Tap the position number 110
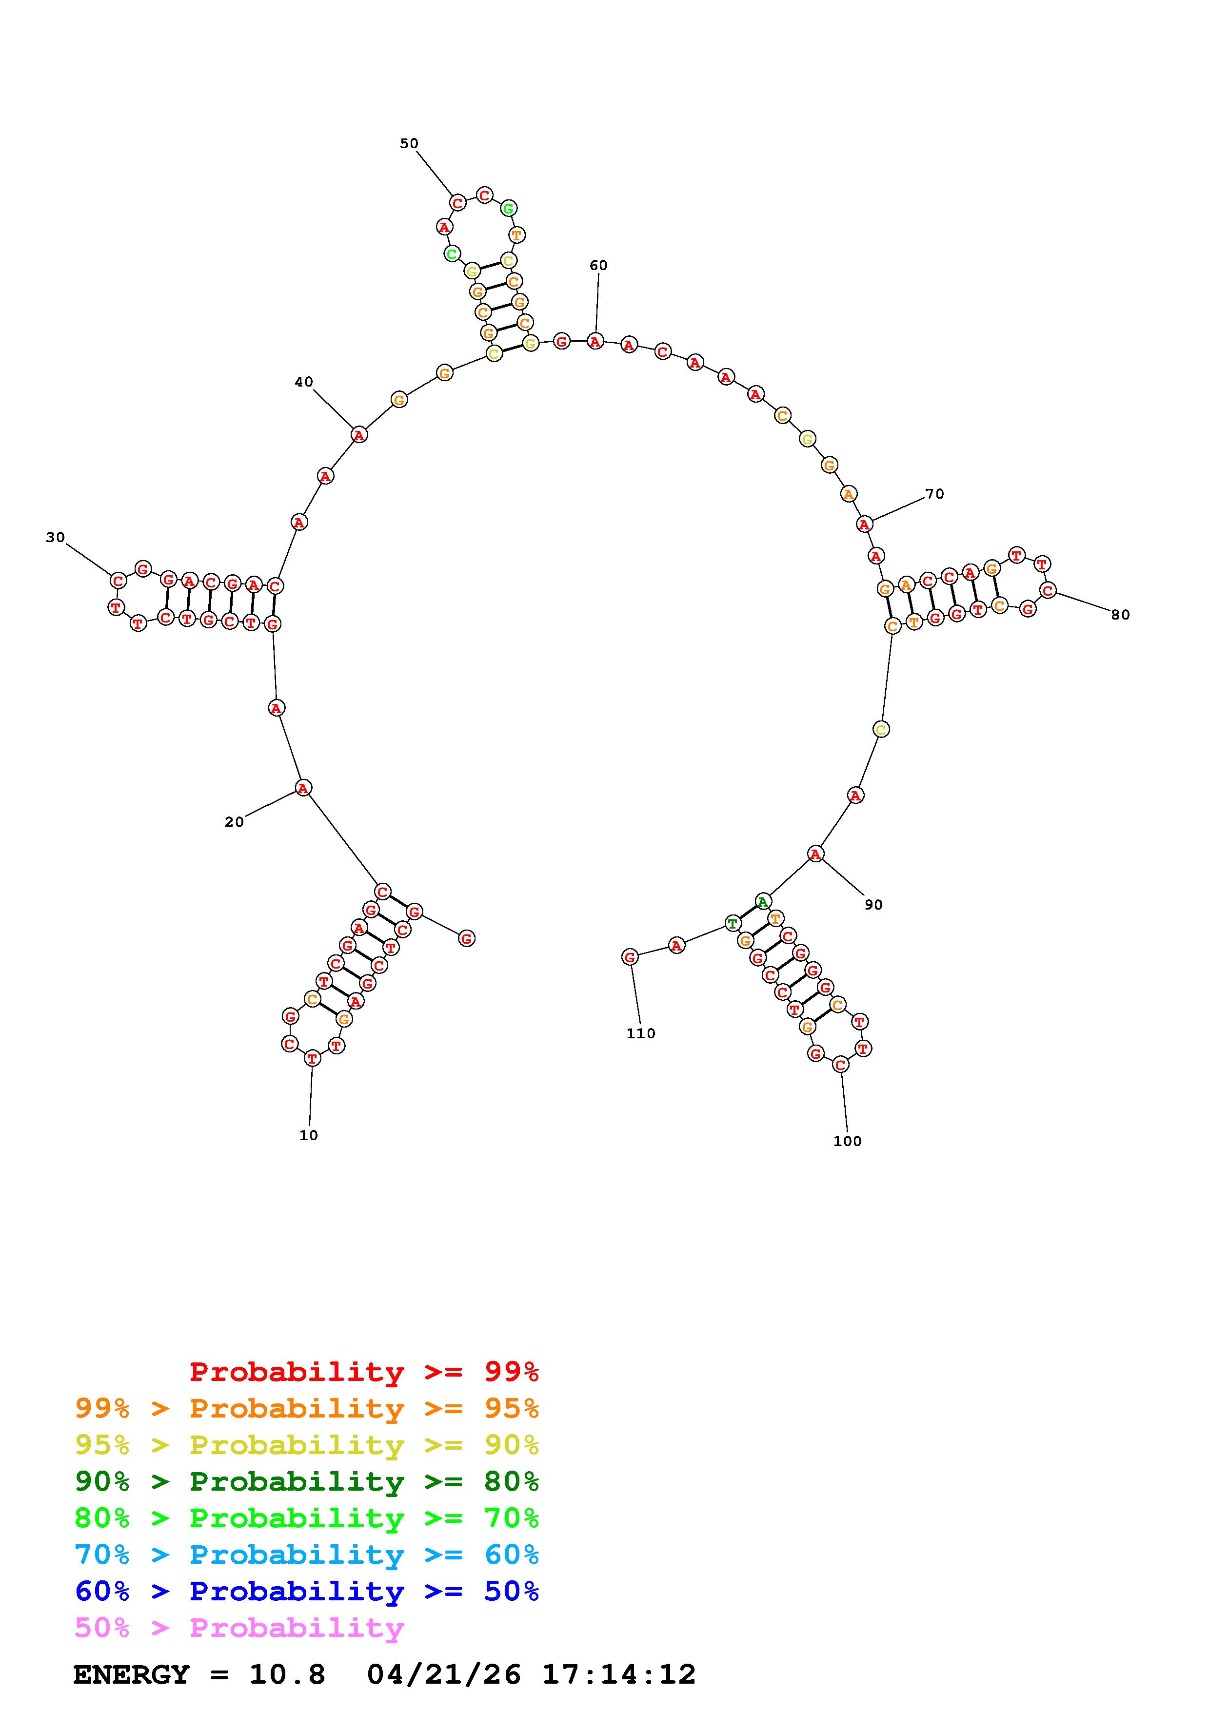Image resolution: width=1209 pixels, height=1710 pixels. point(641,1033)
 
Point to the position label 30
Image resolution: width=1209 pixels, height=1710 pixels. point(55,537)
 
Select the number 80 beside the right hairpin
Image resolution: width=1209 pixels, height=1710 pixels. point(1120,614)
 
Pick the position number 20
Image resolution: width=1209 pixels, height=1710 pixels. point(234,821)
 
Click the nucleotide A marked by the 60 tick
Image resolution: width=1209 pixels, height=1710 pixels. point(595,341)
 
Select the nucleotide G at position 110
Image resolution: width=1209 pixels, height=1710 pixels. point(630,957)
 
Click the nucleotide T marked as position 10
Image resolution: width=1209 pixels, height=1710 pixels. point(312,1058)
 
